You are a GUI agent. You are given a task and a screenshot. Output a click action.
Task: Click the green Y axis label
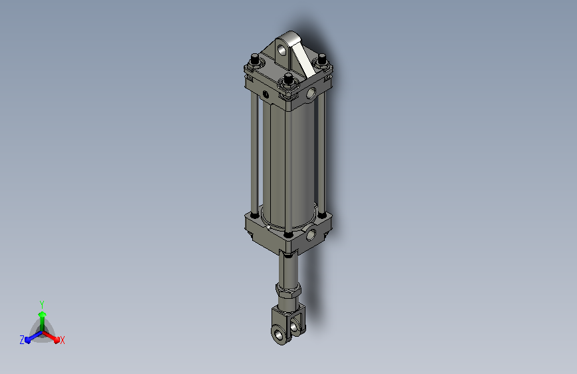42,304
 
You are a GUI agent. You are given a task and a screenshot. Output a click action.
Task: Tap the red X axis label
62,340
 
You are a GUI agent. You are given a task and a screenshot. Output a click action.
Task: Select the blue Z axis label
22,340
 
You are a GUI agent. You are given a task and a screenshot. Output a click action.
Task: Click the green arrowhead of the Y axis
43,314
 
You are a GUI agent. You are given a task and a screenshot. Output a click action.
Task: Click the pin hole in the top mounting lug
282,50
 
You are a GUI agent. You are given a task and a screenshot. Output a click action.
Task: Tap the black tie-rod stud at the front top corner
289,78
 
